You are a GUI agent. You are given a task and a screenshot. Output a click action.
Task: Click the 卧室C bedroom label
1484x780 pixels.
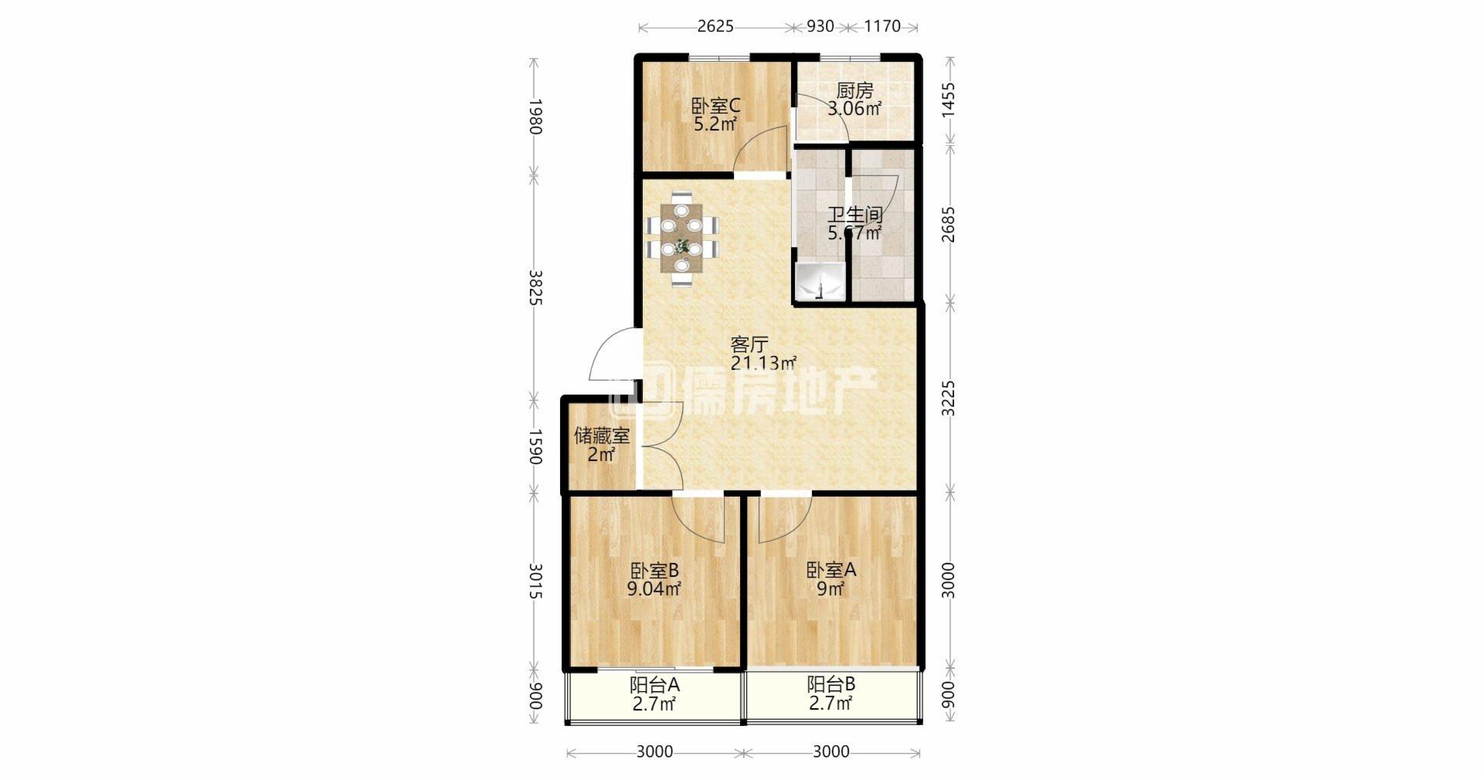pos(715,105)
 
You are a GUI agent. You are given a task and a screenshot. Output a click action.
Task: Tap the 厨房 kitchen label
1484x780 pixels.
pos(854,91)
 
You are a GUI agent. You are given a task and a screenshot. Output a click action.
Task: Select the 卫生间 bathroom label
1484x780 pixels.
pos(855,214)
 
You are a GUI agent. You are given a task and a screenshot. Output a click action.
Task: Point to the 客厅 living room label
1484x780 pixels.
pos(749,344)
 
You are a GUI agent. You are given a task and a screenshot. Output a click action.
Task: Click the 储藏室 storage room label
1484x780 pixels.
pos(602,436)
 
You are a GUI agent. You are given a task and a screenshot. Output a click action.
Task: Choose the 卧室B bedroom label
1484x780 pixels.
pos(654,571)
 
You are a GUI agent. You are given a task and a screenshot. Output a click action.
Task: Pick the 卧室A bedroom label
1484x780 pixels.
pos(831,570)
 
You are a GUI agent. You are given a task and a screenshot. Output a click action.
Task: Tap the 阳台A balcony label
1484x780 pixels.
pos(654,685)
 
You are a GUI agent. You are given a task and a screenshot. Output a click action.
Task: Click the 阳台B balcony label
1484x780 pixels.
pos(831,684)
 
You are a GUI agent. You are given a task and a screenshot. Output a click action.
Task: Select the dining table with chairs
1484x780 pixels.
pos(682,238)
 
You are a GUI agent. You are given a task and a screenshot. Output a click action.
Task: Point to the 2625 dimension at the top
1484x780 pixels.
pos(715,26)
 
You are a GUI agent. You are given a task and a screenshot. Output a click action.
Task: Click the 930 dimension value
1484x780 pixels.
pos(820,26)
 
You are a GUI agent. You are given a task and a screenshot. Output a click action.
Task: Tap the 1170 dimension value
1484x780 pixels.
pos(881,26)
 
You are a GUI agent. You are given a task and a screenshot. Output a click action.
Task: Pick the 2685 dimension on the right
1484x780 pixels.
pos(949,224)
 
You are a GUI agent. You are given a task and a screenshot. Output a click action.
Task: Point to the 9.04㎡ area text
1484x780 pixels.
pos(654,590)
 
